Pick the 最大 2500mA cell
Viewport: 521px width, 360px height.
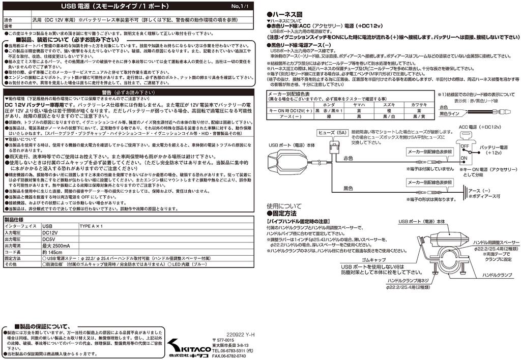[x=56, y=246]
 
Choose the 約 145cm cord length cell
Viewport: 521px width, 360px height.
[x=52, y=252]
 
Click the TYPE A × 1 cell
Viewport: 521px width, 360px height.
[x=92, y=226]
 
